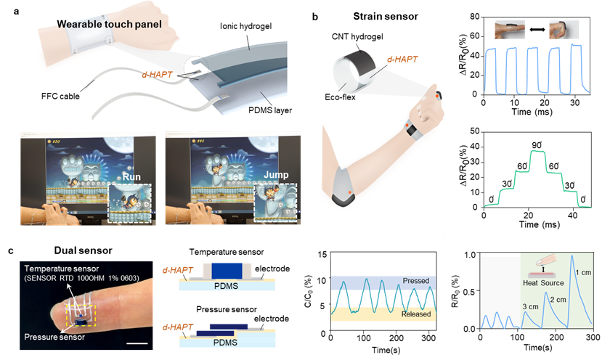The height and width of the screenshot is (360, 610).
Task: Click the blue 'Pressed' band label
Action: (406, 280)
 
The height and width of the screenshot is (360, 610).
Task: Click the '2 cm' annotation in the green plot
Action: (557, 298)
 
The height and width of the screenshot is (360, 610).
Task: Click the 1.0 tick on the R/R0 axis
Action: (471, 254)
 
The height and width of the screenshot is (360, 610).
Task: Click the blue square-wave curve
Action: (535, 70)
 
